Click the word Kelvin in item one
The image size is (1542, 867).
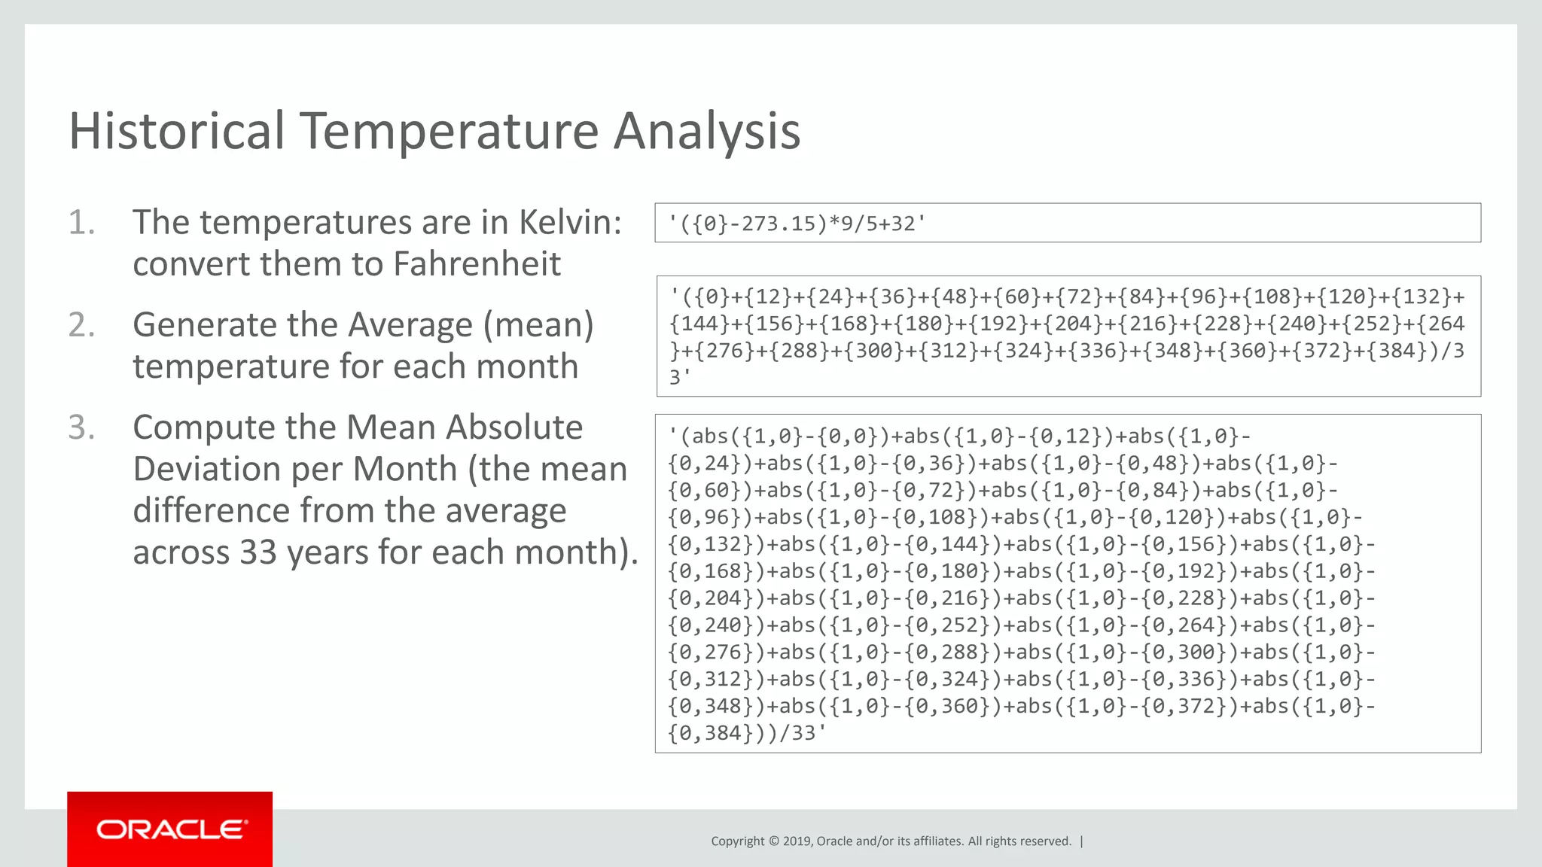570,223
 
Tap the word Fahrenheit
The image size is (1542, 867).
477,264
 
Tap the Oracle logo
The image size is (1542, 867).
170,829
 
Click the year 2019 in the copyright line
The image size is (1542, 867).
797,841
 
